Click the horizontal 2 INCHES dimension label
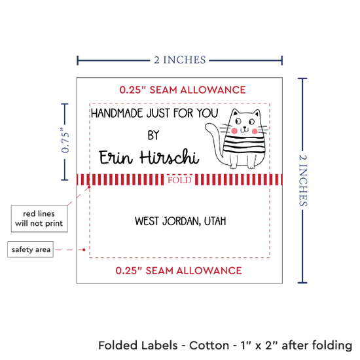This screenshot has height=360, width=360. coord(180,60)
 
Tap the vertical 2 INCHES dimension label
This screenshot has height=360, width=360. coord(303,180)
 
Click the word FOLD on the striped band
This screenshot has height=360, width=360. coord(179,180)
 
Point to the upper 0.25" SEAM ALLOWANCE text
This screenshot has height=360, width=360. coord(183,90)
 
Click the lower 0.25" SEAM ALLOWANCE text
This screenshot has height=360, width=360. coord(179,271)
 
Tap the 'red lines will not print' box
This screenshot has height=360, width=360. coord(39,219)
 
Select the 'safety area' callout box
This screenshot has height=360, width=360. coord(30,249)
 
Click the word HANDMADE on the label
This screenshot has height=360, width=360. coord(117,113)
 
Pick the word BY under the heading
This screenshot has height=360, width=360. coord(153,135)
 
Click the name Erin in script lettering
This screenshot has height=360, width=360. coord(116,158)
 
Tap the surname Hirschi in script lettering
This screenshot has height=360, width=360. coord(170,157)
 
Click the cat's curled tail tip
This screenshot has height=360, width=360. coord(208,127)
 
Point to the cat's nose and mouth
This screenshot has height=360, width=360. coord(245,130)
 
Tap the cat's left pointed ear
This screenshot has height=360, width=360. coord(235,113)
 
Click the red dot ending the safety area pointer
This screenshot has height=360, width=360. coord(84,249)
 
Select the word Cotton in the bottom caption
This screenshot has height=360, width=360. coord(209,346)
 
